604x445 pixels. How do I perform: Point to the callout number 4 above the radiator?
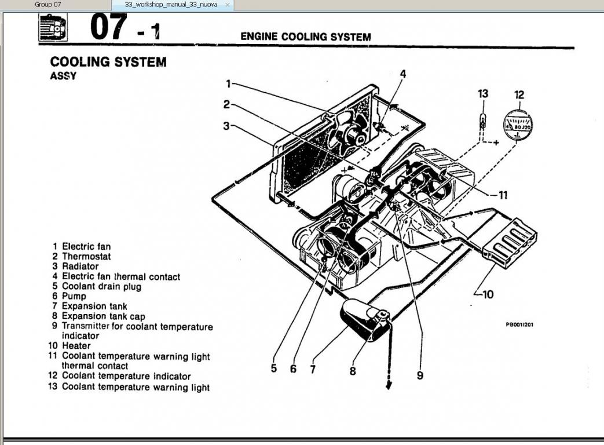point(403,74)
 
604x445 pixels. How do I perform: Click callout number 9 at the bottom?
point(420,375)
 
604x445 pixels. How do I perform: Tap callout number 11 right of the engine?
point(501,195)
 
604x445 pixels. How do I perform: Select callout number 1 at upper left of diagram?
point(229,83)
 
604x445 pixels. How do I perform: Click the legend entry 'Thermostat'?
point(86,256)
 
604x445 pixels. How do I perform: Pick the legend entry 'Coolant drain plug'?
point(101,286)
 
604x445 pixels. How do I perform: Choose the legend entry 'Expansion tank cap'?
point(103,316)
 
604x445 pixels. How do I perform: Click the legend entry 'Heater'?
point(76,346)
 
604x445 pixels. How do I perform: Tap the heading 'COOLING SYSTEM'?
point(108,61)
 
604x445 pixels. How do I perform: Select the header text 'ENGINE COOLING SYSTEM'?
point(305,37)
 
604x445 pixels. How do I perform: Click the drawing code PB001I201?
point(519,324)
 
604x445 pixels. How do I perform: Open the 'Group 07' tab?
point(47,5)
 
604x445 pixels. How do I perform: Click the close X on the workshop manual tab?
point(227,5)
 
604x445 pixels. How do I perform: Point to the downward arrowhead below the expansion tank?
point(389,385)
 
